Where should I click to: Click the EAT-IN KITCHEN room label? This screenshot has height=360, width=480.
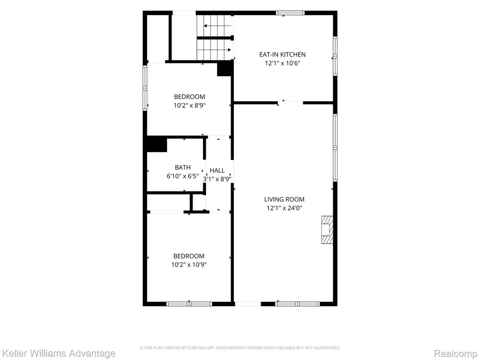coord(282,54)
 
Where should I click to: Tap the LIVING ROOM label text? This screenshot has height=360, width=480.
coord(284,199)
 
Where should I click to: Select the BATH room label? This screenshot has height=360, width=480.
coord(182,167)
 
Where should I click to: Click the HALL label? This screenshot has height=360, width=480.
coord(217,171)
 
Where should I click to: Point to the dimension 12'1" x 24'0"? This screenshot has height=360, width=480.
coord(284,208)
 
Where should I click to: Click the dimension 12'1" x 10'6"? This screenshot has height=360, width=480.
coord(282,63)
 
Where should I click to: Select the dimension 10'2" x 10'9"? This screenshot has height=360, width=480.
coord(189,264)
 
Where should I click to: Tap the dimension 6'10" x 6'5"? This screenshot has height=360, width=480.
coord(182,176)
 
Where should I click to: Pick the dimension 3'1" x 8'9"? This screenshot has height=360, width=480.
coord(217,179)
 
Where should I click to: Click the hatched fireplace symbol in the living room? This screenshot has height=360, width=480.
coord(327,230)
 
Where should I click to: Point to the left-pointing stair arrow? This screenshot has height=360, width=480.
coord(217,26)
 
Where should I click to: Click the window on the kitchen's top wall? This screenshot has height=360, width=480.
coord(290,13)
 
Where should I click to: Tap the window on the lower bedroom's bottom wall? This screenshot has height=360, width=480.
coord(189,304)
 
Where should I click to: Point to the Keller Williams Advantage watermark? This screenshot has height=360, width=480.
coord(58,353)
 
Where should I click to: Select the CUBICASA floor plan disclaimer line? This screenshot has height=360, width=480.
coord(240,348)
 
